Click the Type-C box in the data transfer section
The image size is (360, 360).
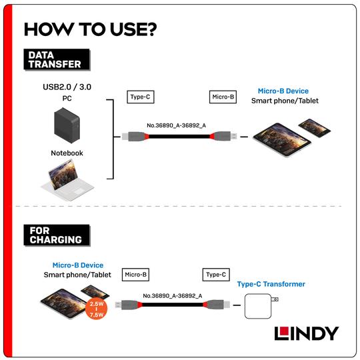coord(140,97)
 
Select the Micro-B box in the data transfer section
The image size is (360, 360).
coord(223,97)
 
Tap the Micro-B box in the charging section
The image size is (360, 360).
coord(135,274)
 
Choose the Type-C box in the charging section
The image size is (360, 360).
coord(215,274)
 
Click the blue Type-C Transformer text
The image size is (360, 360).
coord(271,284)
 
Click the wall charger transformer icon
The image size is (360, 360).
coord(260,307)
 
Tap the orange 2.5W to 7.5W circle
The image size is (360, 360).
coord(95,310)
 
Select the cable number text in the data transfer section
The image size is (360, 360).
coord(176,125)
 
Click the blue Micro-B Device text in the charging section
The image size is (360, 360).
coord(78,265)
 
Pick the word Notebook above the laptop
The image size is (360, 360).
coord(67,153)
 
